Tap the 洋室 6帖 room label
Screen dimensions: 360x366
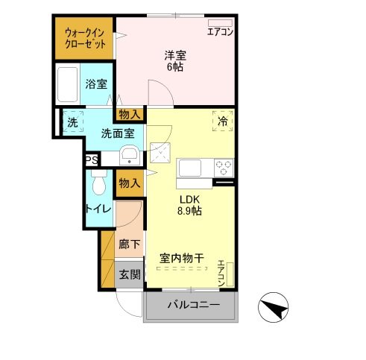coord(174,60)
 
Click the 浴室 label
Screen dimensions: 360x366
coord(95,85)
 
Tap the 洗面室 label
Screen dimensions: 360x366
coord(119,134)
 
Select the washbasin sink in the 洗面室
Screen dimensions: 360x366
coord(129,157)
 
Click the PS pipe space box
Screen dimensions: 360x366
coord(90,161)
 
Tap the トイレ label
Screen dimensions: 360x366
coord(98,209)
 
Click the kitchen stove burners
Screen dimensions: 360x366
coord(223,165)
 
